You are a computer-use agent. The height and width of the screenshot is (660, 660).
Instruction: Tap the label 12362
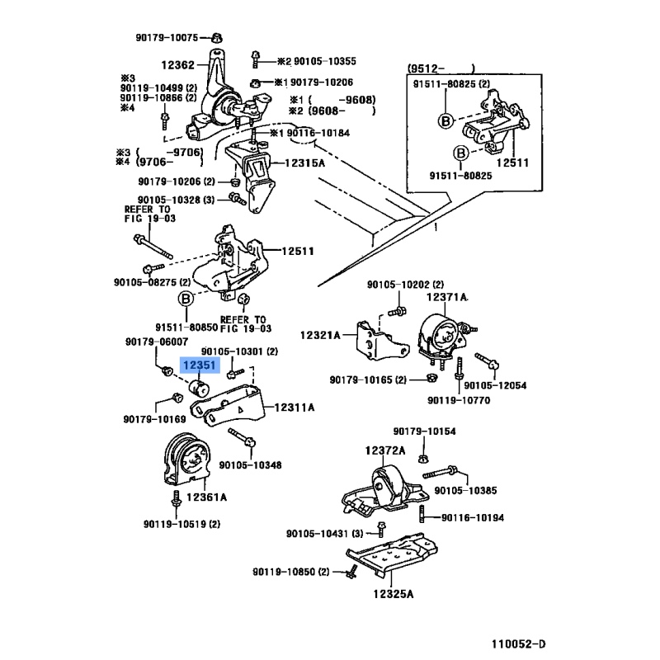coord(177,65)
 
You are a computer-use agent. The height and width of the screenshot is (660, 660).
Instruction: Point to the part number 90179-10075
coord(167,37)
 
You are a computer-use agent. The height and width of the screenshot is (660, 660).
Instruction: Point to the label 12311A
coord(295,407)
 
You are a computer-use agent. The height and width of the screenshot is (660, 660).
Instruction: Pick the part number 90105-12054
coord(495,385)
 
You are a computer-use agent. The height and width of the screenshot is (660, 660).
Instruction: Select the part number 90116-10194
coord(473,517)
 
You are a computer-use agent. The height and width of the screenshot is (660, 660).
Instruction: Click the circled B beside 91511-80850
coord(186,299)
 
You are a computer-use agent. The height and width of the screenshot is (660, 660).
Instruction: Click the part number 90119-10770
coord(458,400)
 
